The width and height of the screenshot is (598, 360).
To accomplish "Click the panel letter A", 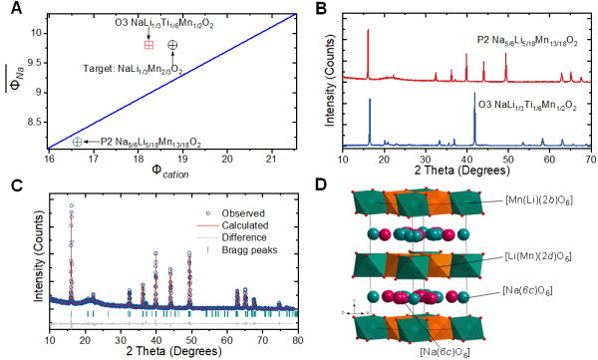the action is (x=16, y=8).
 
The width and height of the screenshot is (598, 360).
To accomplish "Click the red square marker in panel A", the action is (x=149, y=45).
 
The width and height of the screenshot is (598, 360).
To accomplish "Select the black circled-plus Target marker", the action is (x=172, y=45).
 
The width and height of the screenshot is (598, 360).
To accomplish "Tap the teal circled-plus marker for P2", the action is (x=78, y=142).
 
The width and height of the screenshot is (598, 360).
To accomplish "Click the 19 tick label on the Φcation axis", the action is (x=182, y=158).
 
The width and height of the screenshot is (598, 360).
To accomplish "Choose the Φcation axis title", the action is (x=170, y=171).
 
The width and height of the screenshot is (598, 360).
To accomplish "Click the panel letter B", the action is (x=322, y=8).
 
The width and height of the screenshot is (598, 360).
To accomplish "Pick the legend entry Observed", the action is (x=243, y=213).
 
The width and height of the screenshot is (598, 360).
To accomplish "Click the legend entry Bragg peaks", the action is (x=249, y=250).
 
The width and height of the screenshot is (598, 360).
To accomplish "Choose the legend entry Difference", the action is (x=244, y=237).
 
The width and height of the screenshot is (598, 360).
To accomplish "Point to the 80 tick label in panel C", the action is (x=299, y=340).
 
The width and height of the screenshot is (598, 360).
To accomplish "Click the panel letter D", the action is (x=322, y=185).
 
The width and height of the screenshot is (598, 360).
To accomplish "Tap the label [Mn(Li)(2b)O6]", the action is (x=539, y=200).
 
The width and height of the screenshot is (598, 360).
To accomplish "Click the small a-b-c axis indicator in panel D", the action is (x=355, y=308).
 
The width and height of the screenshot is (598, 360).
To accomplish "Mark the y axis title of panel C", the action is (x=39, y=255).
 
